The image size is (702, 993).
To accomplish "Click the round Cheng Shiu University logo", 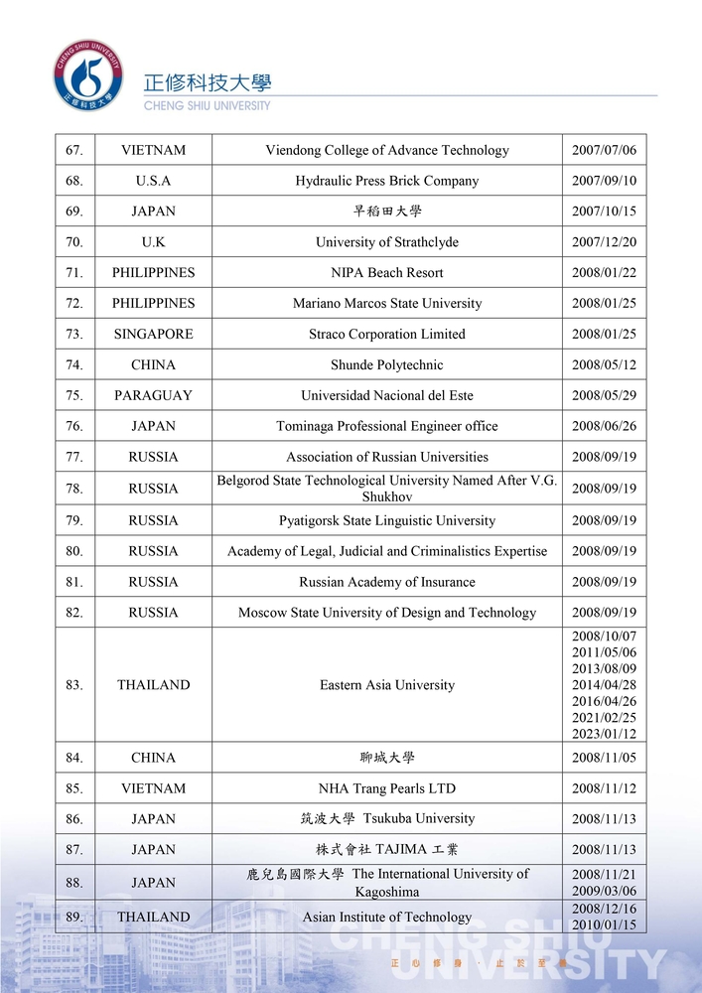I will click(88, 75).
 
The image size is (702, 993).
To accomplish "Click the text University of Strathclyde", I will click(387, 242).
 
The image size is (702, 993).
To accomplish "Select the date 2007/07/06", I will click(604, 151).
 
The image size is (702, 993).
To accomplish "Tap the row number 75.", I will click(74, 395).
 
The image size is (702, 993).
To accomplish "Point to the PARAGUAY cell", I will click(153, 395).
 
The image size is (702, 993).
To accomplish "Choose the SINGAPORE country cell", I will click(153, 334).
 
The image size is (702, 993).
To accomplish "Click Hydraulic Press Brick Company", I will click(387, 181).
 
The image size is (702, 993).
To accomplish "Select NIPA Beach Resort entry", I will click(387, 272).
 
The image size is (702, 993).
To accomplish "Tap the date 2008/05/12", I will click(604, 364).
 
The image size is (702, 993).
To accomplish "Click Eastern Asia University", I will click(387, 685).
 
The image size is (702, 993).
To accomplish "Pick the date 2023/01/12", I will click(604, 734).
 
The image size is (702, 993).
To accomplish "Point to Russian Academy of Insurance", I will click(387, 582).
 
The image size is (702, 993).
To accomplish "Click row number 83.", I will click(74, 685).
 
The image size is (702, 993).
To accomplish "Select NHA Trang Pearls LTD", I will click(387, 788).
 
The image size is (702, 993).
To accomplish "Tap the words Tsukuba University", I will click(419, 818).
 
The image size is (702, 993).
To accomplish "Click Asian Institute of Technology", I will click(387, 917).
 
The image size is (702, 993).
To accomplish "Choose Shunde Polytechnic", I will click(387, 364).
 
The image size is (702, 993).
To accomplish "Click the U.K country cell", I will click(153, 242).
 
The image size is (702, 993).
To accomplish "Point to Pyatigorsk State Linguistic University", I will click(387, 520).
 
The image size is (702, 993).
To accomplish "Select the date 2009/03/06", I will click(604, 891).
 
